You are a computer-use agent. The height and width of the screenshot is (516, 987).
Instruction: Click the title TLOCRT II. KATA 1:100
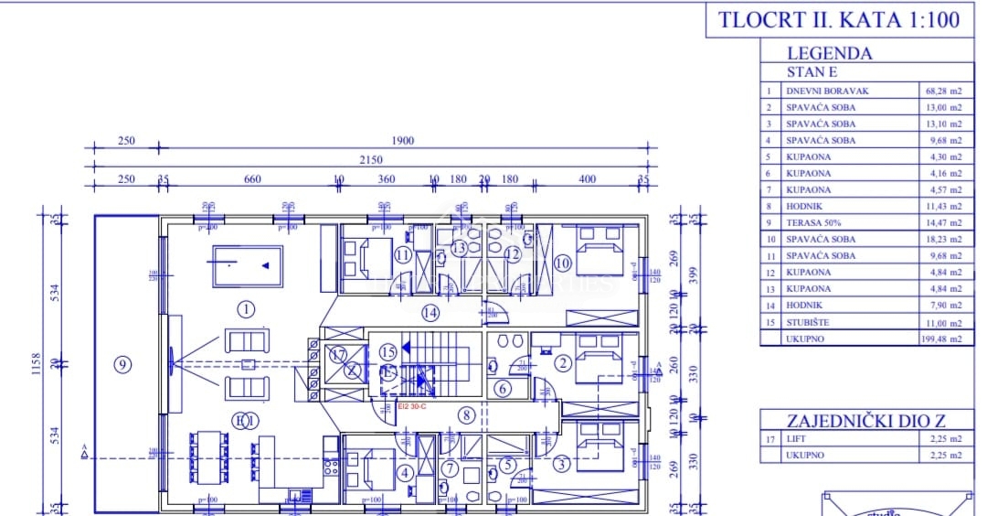pyautogui.click(x=840, y=21)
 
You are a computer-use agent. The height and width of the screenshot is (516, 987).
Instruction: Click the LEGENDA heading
pyautogui.click(x=829, y=53)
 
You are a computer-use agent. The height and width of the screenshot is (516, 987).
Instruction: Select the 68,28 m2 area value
pyautogui.click(x=942, y=91)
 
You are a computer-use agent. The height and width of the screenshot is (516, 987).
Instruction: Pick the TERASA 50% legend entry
pyautogui.click(x=813, y=222)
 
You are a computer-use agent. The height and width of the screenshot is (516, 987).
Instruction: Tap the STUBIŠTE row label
pyautogui.click(x=808, y=322)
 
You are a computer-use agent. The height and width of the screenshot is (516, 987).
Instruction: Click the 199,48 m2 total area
pyautogui.click(x=940, y=339)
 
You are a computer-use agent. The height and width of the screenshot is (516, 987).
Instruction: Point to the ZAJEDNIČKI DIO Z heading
pyautogui.click(x=866, y=420)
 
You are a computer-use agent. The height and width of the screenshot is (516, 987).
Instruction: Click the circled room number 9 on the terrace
pyautogui.click(x=122, y=364)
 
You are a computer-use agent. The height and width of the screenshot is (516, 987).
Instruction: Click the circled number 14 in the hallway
pyautogui.click(x=430, y=313)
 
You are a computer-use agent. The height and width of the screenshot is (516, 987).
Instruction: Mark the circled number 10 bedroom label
pyautogui.click(x=562, y=263)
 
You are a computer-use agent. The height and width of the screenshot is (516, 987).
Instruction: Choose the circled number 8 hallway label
pyautogui.click(x=466, y=414)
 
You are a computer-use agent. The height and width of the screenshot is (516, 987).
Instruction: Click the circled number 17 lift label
pyautogui.click(x=339, y=354)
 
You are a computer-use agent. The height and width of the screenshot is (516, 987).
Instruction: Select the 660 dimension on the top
pyautogui.click(x=253, y=179)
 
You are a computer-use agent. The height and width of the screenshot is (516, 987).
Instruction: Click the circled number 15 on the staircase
pyautogui.click(x=387, y=350)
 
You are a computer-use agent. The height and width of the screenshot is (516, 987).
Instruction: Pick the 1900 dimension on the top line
pyautogui.click(x=402, y=141)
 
